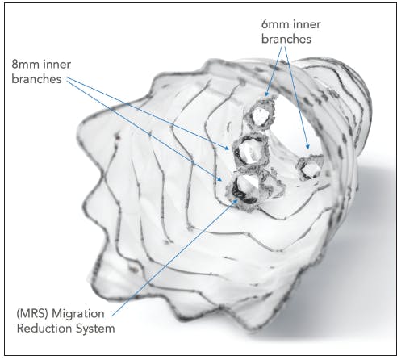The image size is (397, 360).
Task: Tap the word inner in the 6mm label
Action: (x=307, y=24)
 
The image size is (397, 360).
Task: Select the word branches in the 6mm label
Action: (x=286, y=39)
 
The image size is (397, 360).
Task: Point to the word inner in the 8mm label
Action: (x=57, y=65)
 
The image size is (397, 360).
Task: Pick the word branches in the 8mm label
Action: (x=36, y=79)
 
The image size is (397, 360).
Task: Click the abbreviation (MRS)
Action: (x=32, y=314)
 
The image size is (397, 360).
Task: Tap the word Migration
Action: (x=78, y=314)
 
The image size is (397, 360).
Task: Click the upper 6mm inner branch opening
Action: (x=260, y=115)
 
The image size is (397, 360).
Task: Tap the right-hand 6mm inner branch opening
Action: (x=310, y=168)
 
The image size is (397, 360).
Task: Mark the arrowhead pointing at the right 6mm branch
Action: (x=308, y=146)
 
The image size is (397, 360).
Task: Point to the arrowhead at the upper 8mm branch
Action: (x=228, y=148)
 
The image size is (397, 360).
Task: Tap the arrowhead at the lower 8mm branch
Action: (x=220, y=179)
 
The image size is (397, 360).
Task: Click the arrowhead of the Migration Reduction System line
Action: (x=236, y=200)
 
